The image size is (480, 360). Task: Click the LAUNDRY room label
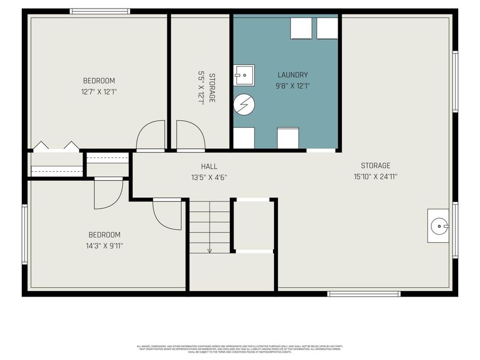click(292, 75)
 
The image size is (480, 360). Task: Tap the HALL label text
click(209, 166)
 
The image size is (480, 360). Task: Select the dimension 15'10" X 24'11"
click(375, 177)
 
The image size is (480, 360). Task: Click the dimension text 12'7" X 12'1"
click(99, 92)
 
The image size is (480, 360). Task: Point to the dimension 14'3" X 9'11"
click(104, 246)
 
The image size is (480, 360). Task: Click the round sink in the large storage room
click(438, 226)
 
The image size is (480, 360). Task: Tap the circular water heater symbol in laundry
click(244, 105)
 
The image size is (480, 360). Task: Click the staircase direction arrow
click(210, 250)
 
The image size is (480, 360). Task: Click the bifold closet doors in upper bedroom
click(56, 146)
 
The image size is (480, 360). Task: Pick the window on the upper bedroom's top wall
click(100, 11)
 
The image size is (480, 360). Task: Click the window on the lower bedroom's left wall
click(25, 235)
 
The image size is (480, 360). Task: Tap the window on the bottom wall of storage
click(364, 293)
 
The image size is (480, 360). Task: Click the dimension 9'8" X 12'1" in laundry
click(292, 85)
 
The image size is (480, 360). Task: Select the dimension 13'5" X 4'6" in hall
click(209, 177)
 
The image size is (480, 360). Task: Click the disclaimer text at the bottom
click(239, 349)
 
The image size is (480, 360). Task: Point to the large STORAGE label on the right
click(375, 166)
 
